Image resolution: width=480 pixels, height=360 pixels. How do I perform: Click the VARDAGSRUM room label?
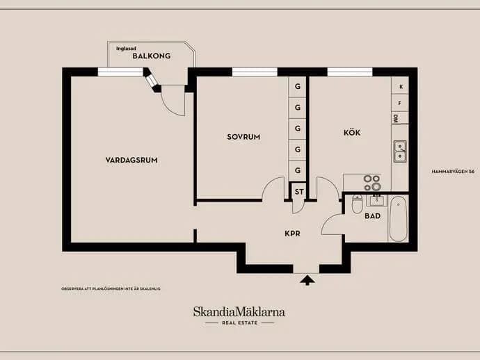(x=131, y=160)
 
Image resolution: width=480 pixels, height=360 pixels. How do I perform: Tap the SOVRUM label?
(x=243, y=137)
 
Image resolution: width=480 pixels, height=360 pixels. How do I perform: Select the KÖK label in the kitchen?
(x=352, y=133)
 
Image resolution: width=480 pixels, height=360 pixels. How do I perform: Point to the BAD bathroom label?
(x=373, y=216)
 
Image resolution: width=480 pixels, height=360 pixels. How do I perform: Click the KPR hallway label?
(x=292, y=234)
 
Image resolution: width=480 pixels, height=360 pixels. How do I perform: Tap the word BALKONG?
(x=152, y=56)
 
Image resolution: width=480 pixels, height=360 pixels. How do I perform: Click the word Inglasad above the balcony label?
(x=126, y=49)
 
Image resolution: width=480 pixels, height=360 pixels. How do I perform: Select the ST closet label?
(x=299, y=192)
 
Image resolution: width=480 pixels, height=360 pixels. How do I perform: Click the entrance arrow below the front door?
(x=307, y=280)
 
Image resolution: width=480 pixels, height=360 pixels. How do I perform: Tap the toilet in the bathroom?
(x=357, y=204)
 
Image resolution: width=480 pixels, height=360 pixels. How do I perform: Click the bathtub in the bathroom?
(x=399, y=218)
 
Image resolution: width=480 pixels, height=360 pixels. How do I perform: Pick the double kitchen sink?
(x=400, y=152)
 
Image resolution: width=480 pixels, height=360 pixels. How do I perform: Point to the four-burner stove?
(x=372, y=183)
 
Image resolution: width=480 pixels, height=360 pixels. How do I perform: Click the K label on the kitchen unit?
(x=401, y=87)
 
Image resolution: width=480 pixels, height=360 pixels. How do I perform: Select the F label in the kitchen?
(x=399, y=104)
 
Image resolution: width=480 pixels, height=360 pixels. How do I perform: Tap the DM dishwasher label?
(x=395, y=119)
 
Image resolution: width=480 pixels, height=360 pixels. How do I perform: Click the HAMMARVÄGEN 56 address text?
(x=453, y=172)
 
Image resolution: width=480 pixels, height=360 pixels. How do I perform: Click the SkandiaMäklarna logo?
(x=239, y=316)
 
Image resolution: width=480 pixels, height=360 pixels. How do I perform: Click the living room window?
(x=120, y=72)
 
